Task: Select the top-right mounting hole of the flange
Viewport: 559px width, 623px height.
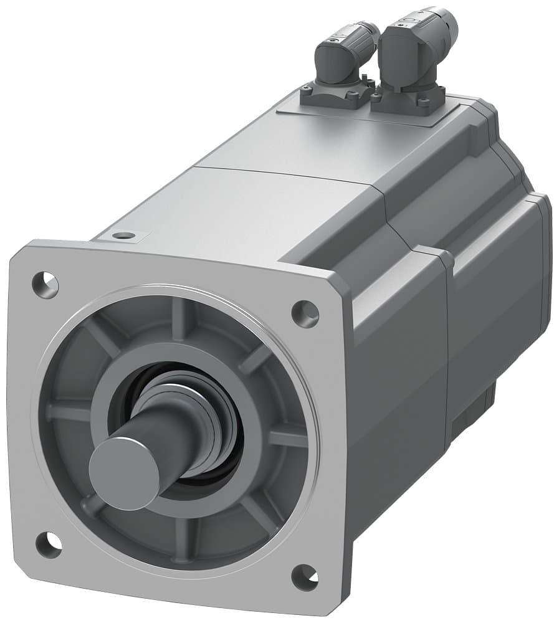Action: [x=305, y=313]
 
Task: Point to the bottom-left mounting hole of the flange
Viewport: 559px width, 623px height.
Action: [x=48, y=545]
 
